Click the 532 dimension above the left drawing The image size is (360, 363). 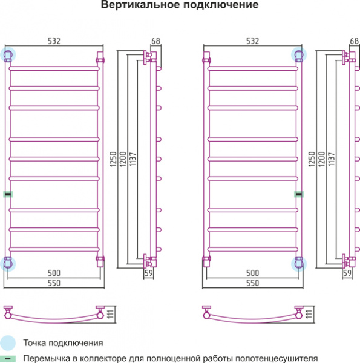[54, 41]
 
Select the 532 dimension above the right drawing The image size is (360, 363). [252, 41]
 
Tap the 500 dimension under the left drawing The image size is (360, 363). [54, 273]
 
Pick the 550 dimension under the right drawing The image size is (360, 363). [252, 283]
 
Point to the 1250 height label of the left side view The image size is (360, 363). [113, 159]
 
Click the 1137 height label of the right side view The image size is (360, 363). [332, 159]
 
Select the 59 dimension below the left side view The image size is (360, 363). [149, 273]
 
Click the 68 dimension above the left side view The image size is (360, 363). [155, 41]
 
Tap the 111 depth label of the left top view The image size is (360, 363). [111, 314]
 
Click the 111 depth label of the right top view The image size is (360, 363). [309, 314]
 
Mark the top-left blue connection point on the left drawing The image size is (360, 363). [8, 55]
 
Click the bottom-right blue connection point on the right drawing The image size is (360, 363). [299, 264]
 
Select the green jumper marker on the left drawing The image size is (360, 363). [8, 194]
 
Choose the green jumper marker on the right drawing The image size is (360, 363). [299, 194]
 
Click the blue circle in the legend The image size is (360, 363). [8, 343]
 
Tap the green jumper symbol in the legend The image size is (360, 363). [8, 359]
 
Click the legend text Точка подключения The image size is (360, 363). [63, 343]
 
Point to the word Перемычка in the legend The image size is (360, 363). [47, 359]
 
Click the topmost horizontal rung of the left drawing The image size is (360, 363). [54, 68]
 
